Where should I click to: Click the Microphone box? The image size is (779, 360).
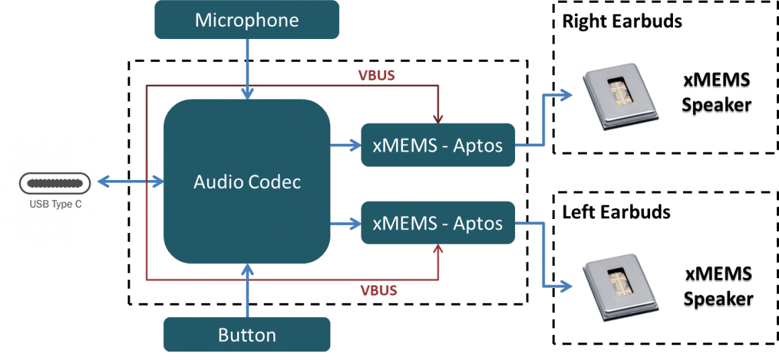246,19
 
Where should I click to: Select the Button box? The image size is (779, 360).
246,334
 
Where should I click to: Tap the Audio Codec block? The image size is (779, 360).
246,181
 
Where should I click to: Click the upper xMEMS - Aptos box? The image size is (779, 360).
438,145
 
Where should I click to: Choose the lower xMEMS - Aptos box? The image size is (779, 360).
438,222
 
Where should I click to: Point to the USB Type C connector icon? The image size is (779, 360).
54,183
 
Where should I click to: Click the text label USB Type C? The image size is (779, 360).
55,204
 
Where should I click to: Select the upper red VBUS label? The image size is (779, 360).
376,75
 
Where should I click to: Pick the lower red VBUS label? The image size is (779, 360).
379,291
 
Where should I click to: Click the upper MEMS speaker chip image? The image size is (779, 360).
621,97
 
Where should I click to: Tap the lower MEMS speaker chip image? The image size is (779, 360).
621,285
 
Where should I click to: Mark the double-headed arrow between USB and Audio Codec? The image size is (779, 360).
131,181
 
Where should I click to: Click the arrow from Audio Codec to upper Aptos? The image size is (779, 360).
345,144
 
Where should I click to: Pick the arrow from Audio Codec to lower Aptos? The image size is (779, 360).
345,222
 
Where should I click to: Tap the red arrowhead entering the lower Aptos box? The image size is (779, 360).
438,250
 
